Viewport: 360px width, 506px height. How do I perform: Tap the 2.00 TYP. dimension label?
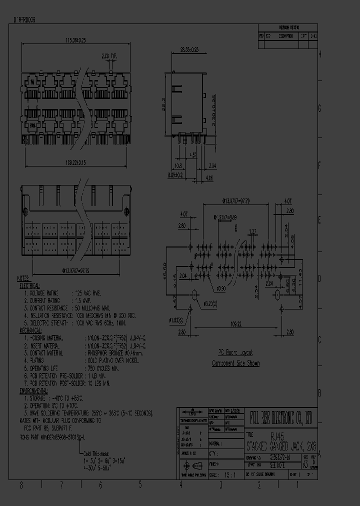(108, 56)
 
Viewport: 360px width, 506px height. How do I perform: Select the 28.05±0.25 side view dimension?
(188, 49)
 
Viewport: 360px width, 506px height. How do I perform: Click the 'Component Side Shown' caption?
(235, 363)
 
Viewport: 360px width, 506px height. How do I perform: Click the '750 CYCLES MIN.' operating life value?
(102, 367)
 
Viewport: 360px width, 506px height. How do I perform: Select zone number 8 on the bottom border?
(21, 484)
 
